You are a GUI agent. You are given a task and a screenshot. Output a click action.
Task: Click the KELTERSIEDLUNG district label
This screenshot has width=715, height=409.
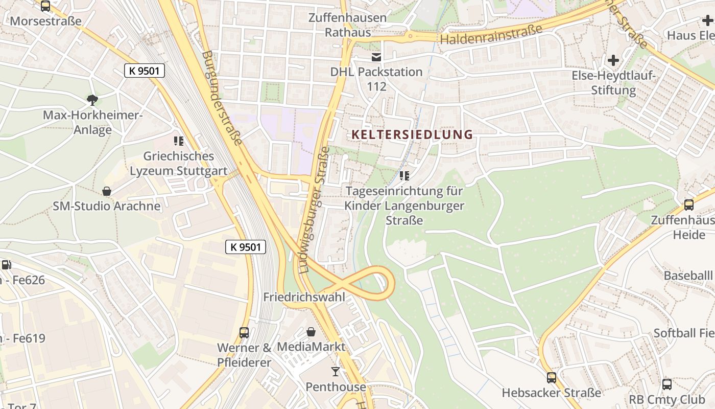[x=412, y=134]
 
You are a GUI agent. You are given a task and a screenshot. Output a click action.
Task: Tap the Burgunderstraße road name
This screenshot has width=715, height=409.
[x=221, y=97]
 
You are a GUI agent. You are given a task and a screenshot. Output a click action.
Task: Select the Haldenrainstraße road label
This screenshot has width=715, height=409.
[x=491, y=35]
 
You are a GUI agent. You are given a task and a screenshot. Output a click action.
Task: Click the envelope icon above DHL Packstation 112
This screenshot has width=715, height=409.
[x=376, y=57]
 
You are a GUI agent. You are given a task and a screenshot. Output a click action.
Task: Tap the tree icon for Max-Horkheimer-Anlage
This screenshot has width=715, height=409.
[x=92, y=100]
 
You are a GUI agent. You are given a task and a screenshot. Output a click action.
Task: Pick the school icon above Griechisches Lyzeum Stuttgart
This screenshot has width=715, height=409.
[x=178, y=141]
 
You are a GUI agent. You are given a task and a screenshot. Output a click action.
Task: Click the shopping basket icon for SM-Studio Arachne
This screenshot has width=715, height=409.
[x=107, y=191]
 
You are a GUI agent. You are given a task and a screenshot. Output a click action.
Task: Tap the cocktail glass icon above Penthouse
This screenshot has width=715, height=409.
[x=336, y=371]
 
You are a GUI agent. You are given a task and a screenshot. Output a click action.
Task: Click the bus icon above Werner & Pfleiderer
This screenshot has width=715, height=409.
[x=244, y=332]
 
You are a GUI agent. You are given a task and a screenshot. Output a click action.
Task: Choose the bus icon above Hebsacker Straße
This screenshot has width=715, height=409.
[x=552, y=377]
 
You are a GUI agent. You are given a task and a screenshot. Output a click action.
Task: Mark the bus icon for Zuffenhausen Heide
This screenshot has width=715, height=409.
[x=688, y=204]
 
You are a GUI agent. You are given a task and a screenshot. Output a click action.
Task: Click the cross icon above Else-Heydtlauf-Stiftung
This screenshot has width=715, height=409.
[x=613, y=60]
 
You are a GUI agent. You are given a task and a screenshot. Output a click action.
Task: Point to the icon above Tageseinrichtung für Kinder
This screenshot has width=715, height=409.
[x=404, y=176]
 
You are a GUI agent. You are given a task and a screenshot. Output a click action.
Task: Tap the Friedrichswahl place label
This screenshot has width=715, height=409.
[x=304, y=297]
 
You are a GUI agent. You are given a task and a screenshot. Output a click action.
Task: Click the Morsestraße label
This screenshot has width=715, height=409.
[x=46, y=21]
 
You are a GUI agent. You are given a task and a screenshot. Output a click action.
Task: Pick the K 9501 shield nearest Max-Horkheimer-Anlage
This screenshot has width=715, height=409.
[x=144, y=71]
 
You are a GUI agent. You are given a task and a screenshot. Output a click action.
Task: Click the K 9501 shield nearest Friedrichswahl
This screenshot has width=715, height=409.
[x=246, y=247]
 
